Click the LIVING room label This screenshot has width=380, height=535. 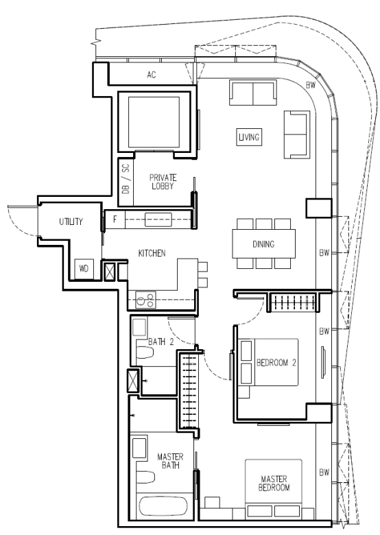(x=249, y=137)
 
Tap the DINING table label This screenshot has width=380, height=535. (x=263, y=244)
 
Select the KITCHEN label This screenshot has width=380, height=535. (x=152, y=253)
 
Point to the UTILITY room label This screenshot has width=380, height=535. (x=71, y=222)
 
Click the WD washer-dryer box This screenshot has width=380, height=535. (x=84, y=269)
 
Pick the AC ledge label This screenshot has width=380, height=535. (x=152, y=75)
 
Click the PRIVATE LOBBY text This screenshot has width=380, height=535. (x=163, y=182)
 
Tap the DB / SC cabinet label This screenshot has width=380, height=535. (x=126, y=179)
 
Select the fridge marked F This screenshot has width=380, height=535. (x=115, y=219)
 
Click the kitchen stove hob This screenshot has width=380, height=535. (x=145, y=300)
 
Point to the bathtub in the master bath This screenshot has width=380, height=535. (x=163, y=506)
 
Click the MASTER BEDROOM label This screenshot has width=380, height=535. (x=274, y=483)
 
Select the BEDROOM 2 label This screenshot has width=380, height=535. (x=276, y=363)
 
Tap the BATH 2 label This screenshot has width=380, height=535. (x=161, y=342)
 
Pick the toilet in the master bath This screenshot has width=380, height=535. (x=145, y=477)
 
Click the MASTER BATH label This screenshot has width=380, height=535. (x=170, y=461)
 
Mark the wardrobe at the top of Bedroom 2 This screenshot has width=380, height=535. (x=294, y=302)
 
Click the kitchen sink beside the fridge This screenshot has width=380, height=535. (x=158, y=219)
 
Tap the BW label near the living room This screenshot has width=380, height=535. (x=311, y=85)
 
